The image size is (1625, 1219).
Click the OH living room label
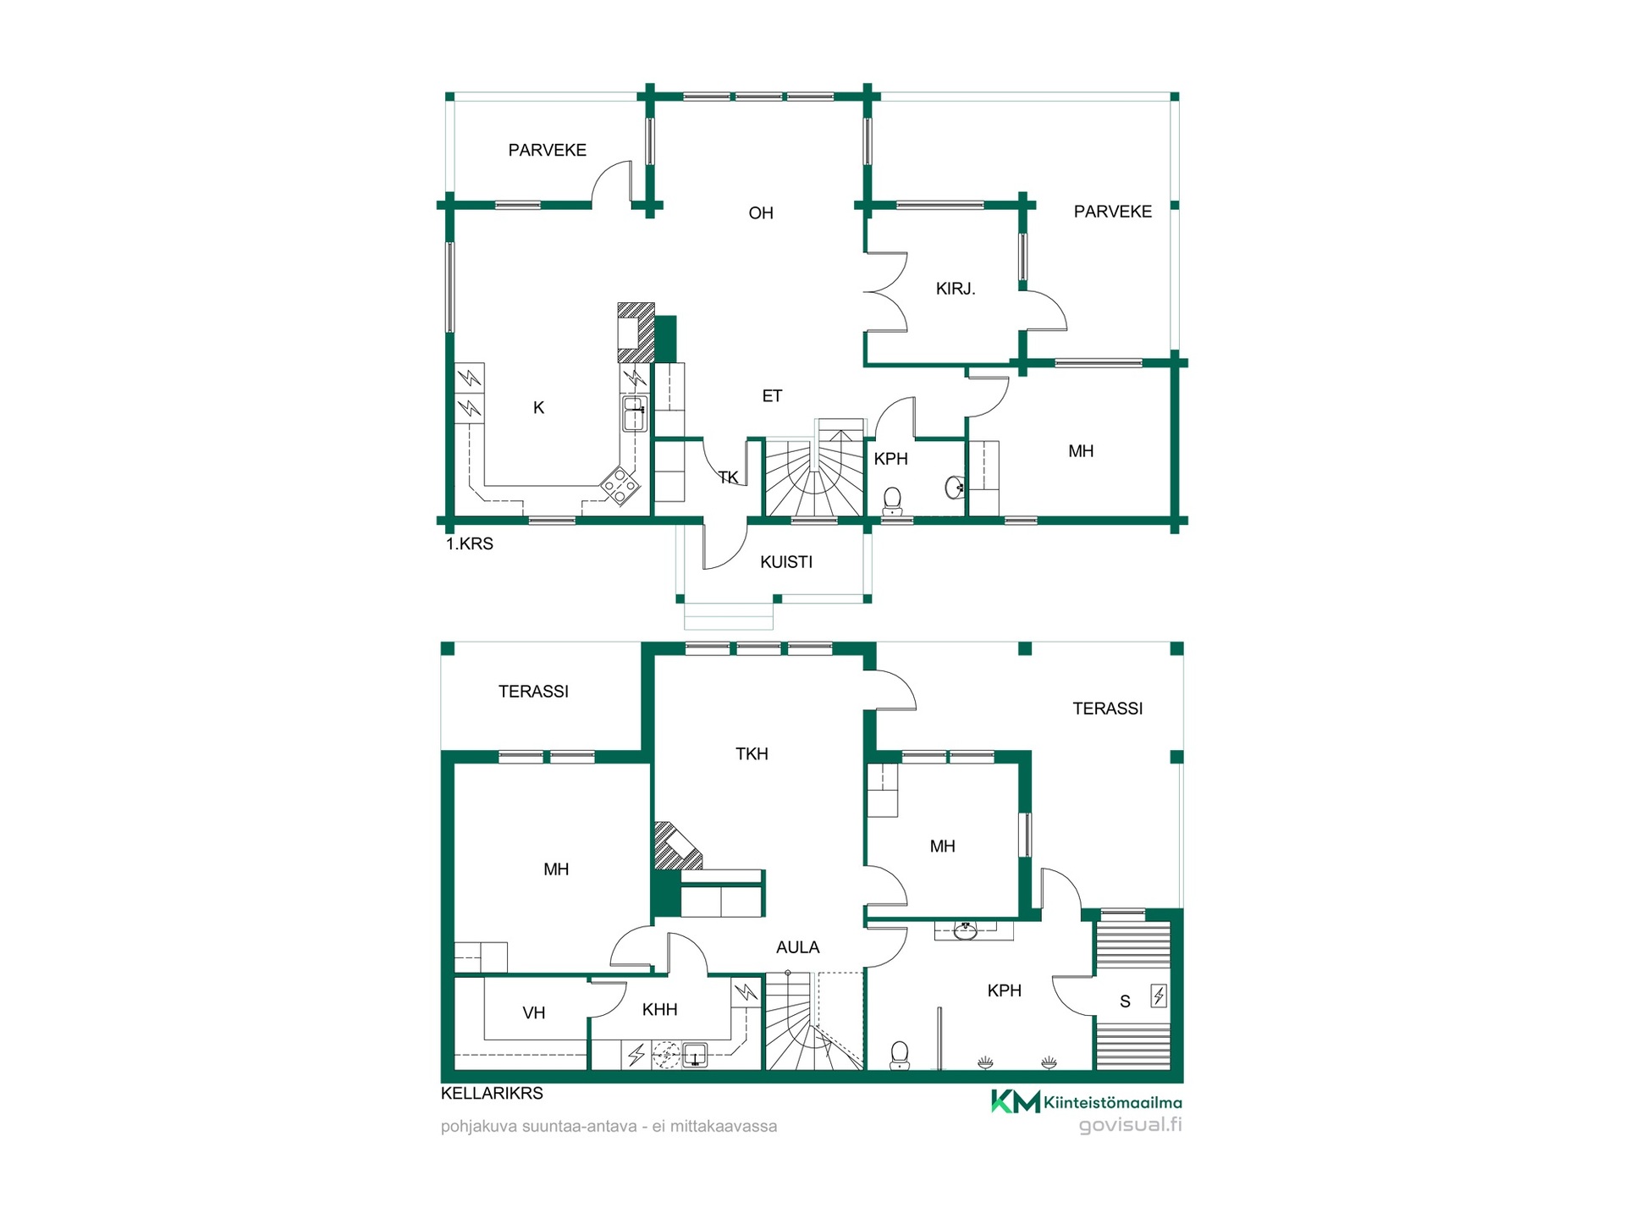(761, 213)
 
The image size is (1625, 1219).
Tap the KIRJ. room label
(956, 289)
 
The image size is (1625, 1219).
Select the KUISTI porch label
(786, 562)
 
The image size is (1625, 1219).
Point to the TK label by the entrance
(728, 477)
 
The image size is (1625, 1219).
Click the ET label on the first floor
(772, 396)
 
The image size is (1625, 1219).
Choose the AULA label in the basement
(798, 947)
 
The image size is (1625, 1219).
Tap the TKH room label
(752, 753)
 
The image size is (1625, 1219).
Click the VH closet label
(534, 1012)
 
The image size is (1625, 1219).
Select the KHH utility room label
(660, 1009)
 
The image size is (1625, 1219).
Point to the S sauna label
(1125, 1001)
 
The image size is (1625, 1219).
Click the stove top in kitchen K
(620, 486)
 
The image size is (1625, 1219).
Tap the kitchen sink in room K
(635, 414)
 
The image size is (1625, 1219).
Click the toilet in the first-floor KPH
(892, 501)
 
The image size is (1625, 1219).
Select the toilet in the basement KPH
(900, 1055)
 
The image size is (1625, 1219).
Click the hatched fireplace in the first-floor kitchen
(636, 333)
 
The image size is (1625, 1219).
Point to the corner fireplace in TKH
(676, 847)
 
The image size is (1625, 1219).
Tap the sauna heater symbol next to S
(1159, 996)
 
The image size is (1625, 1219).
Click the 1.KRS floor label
(470, 544)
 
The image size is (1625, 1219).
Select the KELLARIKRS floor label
(492, 1094)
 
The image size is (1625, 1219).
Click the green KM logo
(1016, 1101)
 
